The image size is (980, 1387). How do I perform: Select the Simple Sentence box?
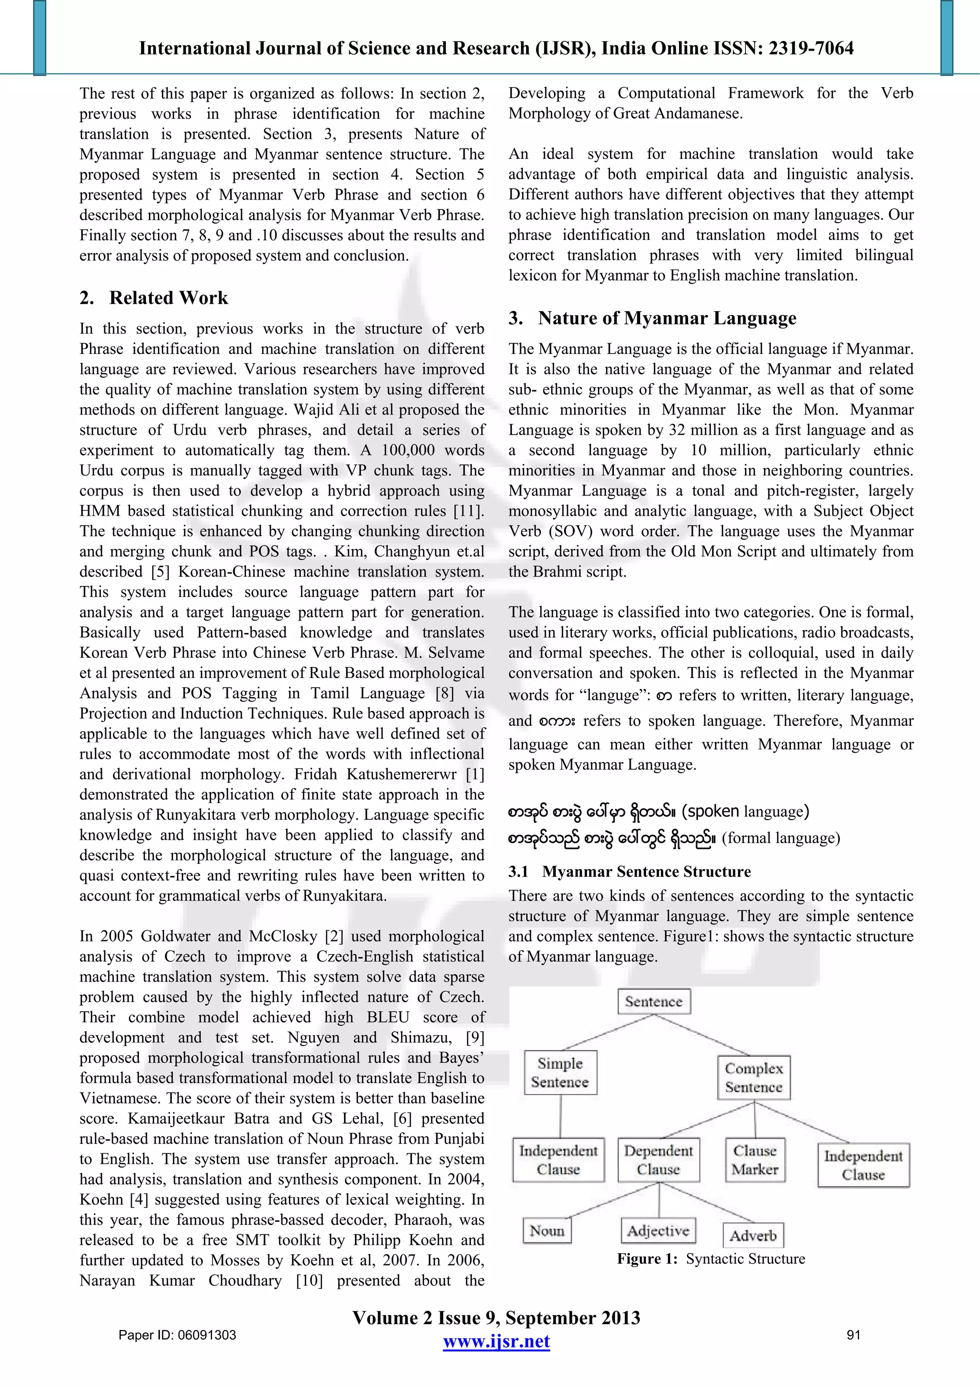point(560,1072)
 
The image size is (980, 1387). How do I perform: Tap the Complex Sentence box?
point(754,1077)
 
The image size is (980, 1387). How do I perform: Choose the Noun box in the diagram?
point(546,1230)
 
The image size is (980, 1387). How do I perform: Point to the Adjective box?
point(657,1230)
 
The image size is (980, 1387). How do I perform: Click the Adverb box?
point(753,1235)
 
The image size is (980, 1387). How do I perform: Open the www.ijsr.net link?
point(496,1342)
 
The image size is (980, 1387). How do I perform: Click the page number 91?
point(853,1335)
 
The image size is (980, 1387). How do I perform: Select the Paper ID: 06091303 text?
point(178,1335)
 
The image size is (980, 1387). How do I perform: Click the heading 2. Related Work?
point(154,298)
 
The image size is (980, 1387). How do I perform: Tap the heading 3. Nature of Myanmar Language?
point(652,318)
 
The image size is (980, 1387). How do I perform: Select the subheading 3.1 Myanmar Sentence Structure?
point(630,871)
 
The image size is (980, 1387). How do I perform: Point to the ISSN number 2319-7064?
point(811,48)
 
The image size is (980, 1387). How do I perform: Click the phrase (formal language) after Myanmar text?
point(781,838)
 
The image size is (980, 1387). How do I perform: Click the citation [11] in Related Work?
point(468,511)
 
